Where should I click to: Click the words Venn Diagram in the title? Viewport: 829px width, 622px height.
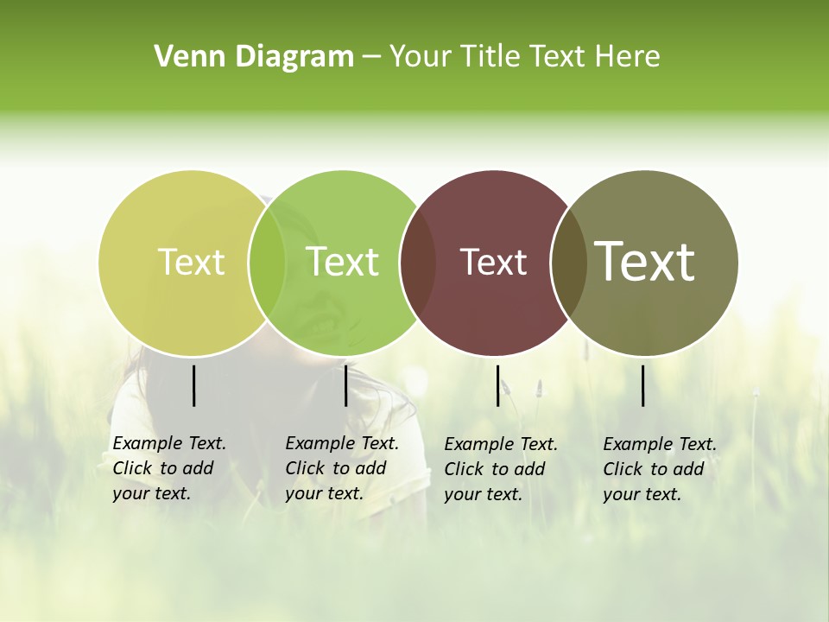click(254, 56)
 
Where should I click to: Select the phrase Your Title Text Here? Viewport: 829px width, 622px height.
click(524, 56)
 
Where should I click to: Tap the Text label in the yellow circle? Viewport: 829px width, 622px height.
click(192, 262)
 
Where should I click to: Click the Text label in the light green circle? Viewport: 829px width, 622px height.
click(343, 262)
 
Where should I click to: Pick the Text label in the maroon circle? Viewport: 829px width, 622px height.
click(494, 262)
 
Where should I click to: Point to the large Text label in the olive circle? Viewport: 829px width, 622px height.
click(645, 261)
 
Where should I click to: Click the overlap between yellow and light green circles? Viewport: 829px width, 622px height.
click(267, 263)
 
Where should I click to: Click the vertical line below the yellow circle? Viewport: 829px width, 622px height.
click(193, 385)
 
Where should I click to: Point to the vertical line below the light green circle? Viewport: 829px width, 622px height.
click(345, 385)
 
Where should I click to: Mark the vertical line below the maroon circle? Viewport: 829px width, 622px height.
click(497, 385)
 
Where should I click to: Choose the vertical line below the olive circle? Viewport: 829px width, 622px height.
click(642, 385)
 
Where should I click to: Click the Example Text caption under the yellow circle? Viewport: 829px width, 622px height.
click(169, 468)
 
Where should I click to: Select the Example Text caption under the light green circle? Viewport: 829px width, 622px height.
click(342, 468)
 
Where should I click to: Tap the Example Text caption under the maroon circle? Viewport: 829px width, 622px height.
click(501, 469)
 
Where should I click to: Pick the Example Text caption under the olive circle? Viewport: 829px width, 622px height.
click(660, 469)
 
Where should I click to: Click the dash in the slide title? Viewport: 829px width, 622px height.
click(371, 57)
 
